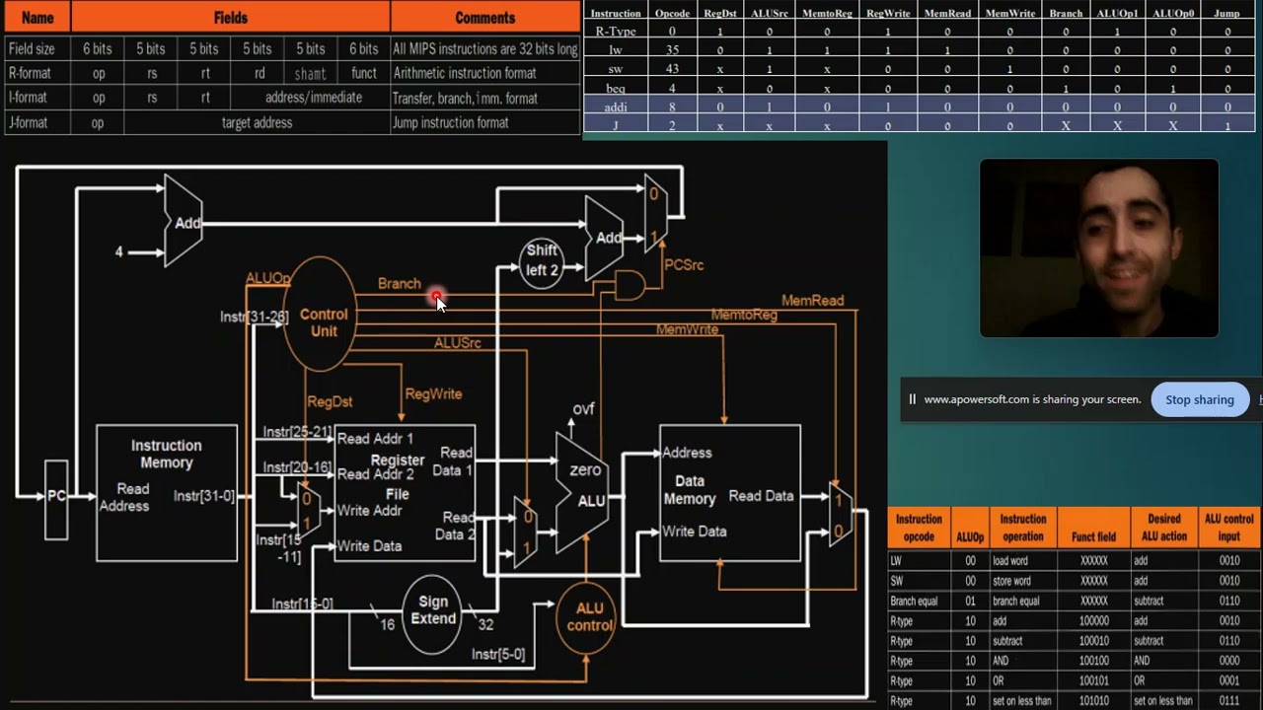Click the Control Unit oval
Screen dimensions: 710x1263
click(x=321, y=316)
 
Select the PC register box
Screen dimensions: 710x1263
click(x=56, y=498)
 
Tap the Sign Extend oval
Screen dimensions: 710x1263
click(x=433, y=610)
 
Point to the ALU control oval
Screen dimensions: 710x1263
click(x=589, y=616)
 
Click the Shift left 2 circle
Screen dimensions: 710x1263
click(x=542, y=261)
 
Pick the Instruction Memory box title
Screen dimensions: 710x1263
click(x=167, y=454)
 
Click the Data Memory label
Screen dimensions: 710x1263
click(x=689, y=490)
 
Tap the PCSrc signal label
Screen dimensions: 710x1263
click(x=684, y=265)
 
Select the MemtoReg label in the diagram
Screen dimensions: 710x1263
click(x=744, y=316)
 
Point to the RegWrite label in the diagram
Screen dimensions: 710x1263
click(x=433, y=394)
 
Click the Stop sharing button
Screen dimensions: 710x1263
click(x=1199, y=399)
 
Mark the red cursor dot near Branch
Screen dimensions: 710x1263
click(x=436, y=296)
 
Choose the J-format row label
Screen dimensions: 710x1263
click(x=28, y=123)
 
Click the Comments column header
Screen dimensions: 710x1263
click(x=484, y=18)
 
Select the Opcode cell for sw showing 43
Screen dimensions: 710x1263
click(x=672, y=69)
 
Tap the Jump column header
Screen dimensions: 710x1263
click(x=1226, y=14)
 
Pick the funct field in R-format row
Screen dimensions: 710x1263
click(x=363, y=73)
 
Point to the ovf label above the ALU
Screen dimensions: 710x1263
click(x=584, y=409)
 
